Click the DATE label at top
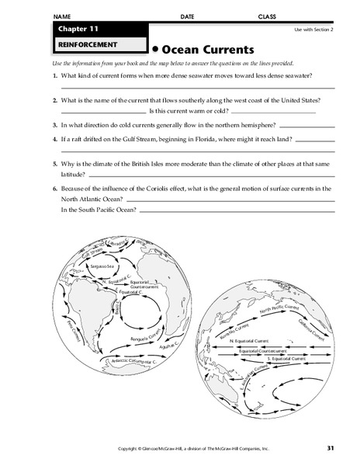(187, 16)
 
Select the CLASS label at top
(268, 16)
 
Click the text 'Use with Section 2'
(313, 29)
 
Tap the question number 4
(56, 138)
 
